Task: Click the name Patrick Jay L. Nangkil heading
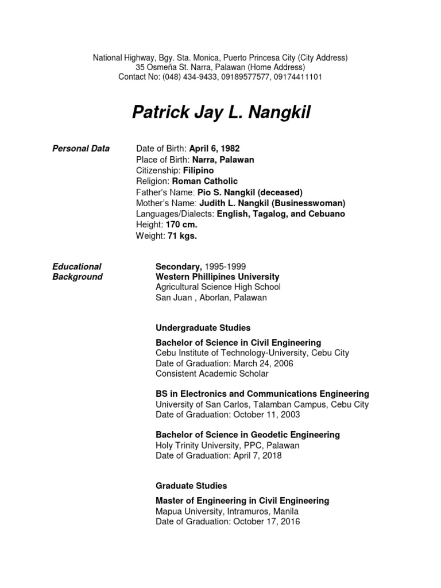221,113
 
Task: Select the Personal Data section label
80,149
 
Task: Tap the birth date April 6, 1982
207,149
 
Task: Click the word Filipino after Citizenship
199,171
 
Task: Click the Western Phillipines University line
217,277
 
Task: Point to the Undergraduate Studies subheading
203,328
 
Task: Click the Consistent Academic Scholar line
212,374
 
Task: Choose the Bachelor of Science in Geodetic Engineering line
247,435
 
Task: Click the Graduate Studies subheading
191,486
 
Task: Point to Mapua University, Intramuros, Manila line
227,511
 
